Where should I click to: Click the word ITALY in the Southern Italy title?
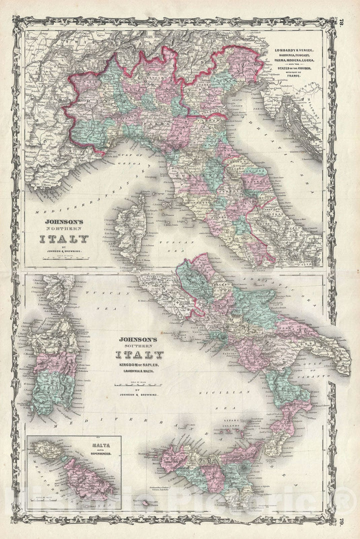(139, 355)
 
